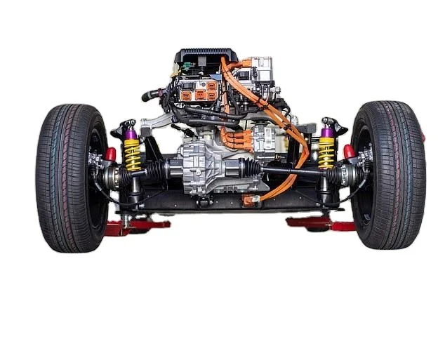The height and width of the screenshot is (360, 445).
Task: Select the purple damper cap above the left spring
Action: [x=131, y=133]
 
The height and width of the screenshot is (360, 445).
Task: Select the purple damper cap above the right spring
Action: [x=326, y=131]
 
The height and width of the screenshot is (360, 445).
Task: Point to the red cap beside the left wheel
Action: [x=110, y=154]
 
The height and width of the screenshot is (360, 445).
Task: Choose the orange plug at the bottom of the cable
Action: [x=250, y=199]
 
